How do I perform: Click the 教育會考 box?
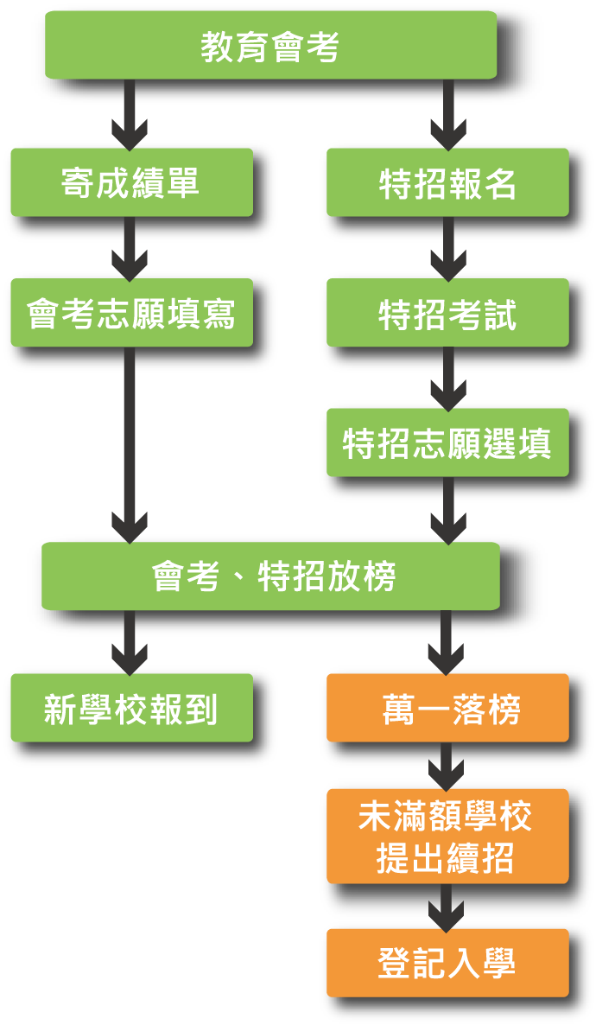[x=270, y=46]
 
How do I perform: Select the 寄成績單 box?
[x=131, y=182]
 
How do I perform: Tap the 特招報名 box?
[x=447, y=182]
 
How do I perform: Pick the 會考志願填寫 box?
[x=131, y=313]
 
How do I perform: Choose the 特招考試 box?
[x=447, y=313]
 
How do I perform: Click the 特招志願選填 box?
[x=447, y=443]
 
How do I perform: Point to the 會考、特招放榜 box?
[x=270, y=576]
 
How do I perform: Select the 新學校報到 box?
[x=131, y=709]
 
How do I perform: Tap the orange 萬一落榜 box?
[x=447, y=709]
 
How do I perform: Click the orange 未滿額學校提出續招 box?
[x=447, y=837]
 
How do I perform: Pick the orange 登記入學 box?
[x=447, y=964]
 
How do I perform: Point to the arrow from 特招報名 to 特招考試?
[x=448, y=248]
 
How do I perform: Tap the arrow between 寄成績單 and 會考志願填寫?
[x=130, y=248]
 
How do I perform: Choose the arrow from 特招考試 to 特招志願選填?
[x=448, y=379]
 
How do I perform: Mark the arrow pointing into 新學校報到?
[x=130, y=643]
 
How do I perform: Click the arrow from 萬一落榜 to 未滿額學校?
[x=448, y=766]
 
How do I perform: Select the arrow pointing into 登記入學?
[x=448, y=907]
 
